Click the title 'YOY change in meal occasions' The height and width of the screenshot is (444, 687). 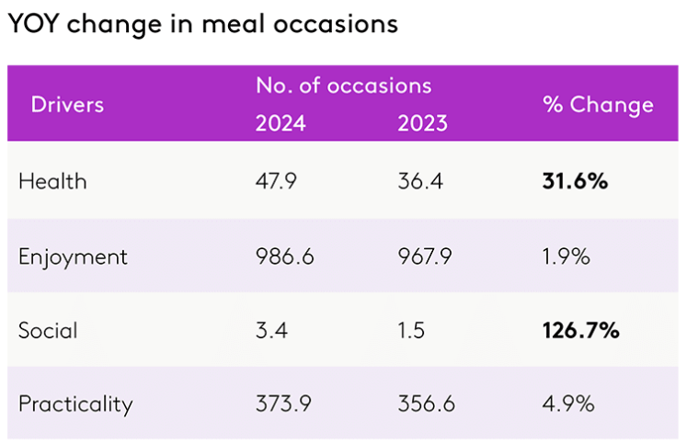point(202,23)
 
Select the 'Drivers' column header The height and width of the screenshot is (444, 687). point(67,104)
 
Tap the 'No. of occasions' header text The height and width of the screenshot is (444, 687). point(343,85)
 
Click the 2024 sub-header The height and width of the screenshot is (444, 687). point(281,123)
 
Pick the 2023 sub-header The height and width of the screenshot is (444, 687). point(422,123)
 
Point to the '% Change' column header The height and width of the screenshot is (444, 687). point(598,104)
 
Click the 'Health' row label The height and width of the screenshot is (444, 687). point(52,181)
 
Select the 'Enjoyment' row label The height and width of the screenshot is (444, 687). point(73,256)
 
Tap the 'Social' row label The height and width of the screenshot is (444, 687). point(49,330)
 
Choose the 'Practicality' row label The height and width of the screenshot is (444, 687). point(75,404)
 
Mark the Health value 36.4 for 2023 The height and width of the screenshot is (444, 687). point(420,181)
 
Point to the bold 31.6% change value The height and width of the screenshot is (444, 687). point(575,181)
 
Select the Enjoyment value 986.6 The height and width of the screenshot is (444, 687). point(284,256)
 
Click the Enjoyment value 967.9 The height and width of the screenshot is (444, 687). point(425,256)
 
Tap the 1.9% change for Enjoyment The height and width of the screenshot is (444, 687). point(566,256)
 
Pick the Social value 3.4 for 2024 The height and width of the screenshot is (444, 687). point(271,330)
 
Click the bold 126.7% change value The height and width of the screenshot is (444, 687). point(580,330)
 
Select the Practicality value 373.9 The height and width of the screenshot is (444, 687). point(284,404)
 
